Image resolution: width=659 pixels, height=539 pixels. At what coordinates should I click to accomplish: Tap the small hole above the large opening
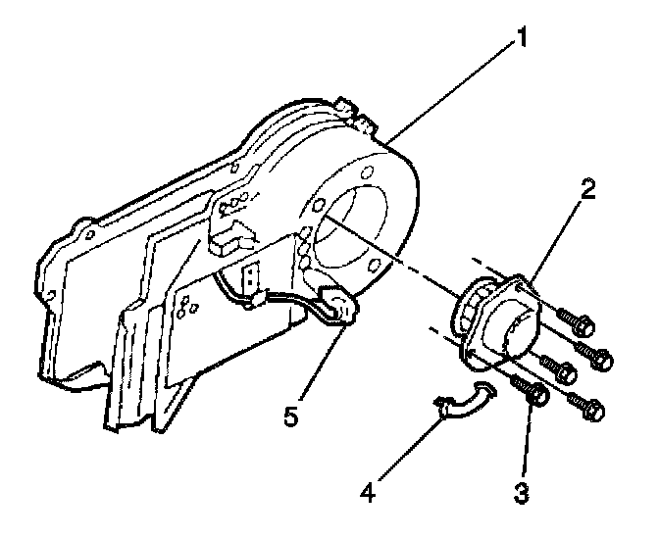(365, 173)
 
